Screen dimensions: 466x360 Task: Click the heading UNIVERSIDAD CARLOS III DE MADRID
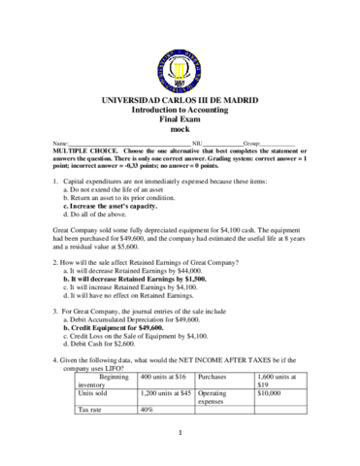click(x=179, y=102)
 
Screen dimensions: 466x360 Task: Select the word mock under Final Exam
click(x=179, y=128)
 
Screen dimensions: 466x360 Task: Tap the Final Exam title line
click(x=179, y=119)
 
